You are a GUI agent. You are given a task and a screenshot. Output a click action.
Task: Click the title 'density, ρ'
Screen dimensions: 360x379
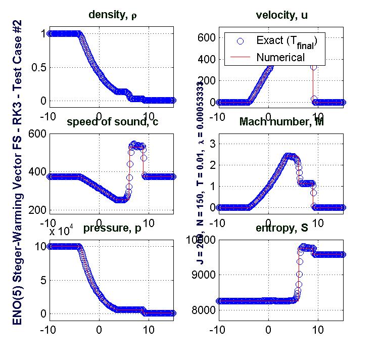(112, 15)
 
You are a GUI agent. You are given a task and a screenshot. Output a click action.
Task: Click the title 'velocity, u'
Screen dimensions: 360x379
(281, 15)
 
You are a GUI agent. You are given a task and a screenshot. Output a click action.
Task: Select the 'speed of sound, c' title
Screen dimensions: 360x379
(112, 123)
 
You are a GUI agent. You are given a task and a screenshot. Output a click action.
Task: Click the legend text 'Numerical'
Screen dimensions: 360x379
(280, 57)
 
